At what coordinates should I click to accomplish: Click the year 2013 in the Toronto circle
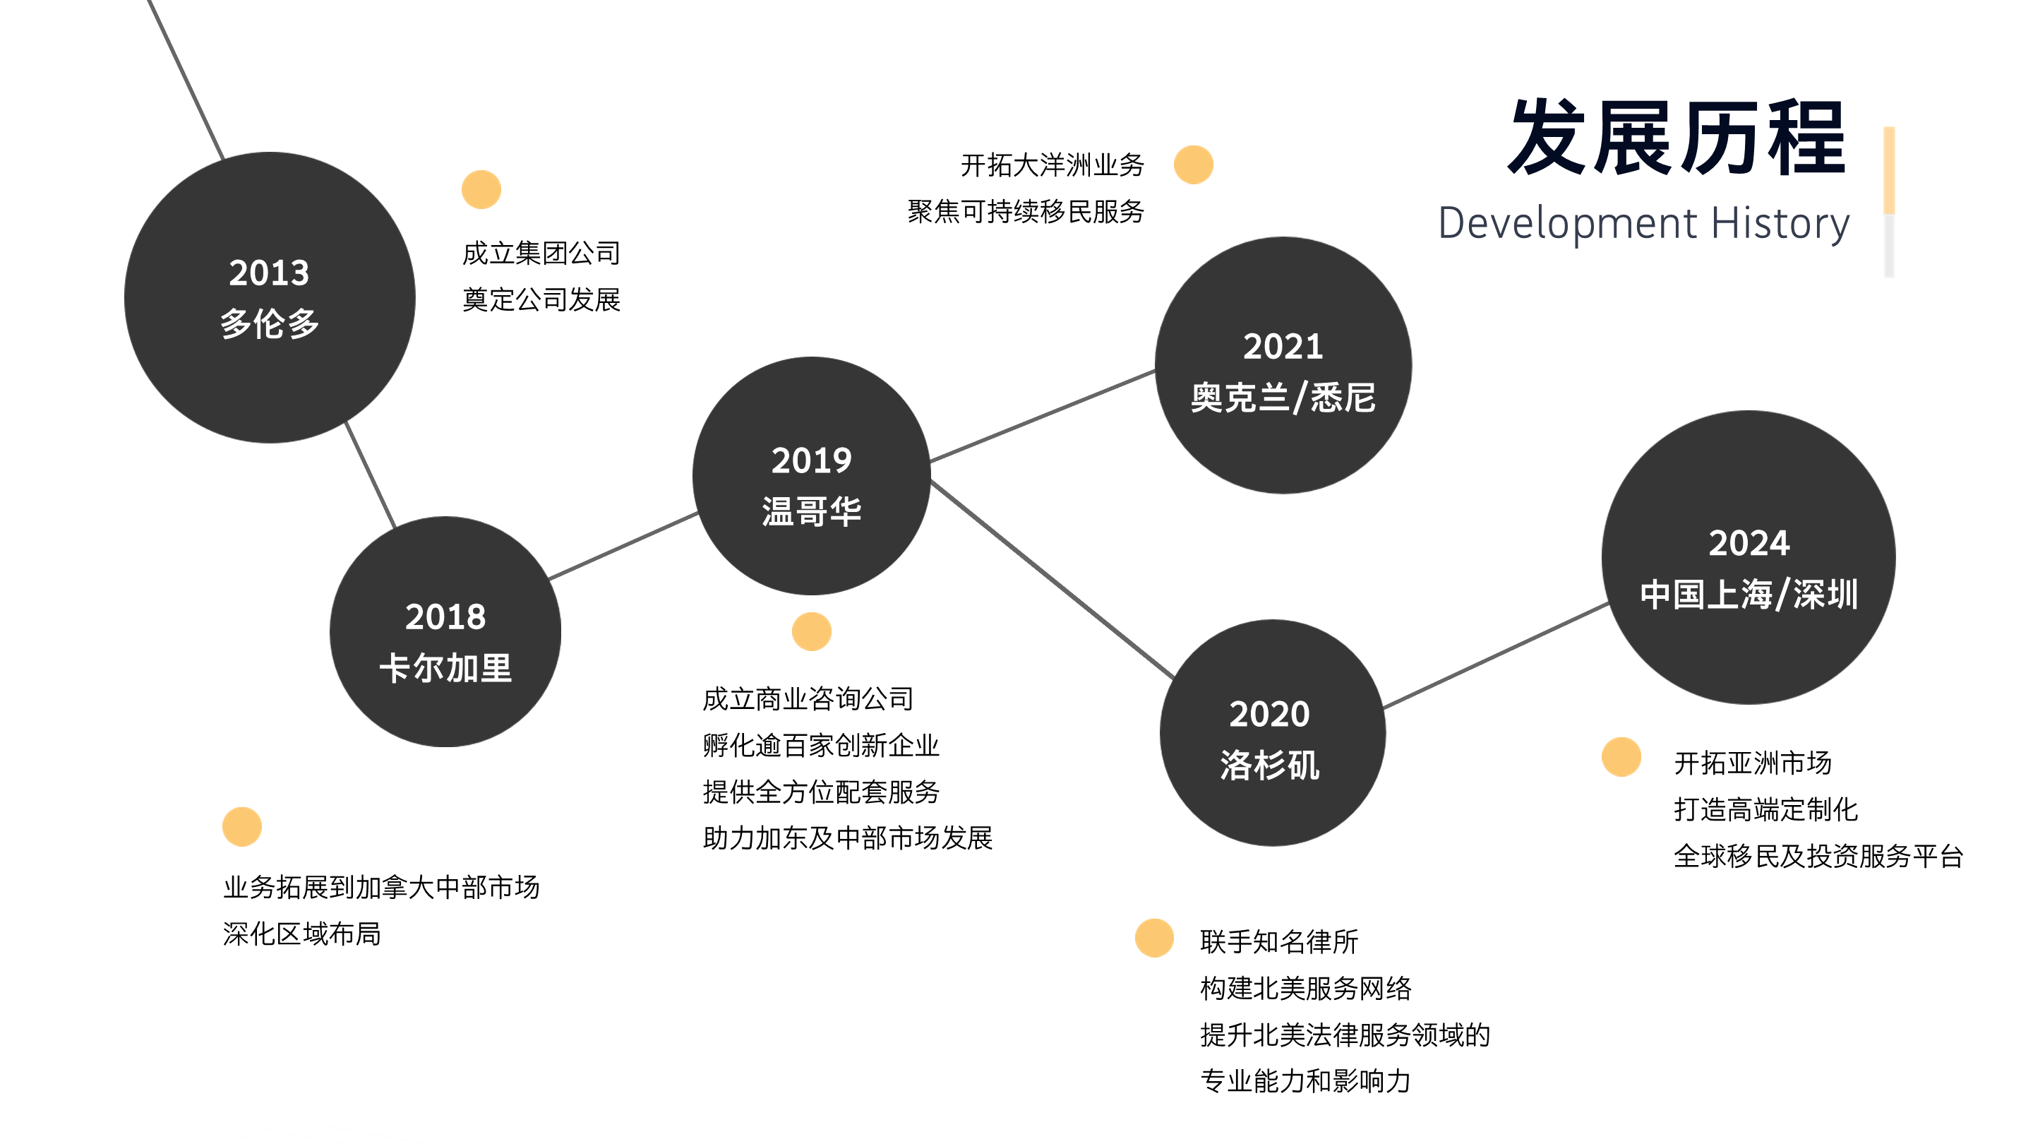click(268, 273)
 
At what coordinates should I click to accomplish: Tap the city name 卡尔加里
click(445, 669)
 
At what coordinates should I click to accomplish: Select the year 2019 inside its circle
click(811, 460)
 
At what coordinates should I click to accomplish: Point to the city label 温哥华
click(811, 511)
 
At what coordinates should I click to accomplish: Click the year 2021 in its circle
click(1283, 347)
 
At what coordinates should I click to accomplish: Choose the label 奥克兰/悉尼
click(1283, 398)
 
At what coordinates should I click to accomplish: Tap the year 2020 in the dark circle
click(1269, 715)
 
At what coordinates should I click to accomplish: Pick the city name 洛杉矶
click(1269, 765)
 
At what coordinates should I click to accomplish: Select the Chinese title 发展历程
click(1677, 138)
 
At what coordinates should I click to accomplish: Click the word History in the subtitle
click(1780, 223)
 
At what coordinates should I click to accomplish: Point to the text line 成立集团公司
click(541, 254)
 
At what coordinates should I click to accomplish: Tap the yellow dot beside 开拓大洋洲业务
click(1193, 165)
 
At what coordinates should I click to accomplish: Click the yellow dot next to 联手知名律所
click(1154, 938)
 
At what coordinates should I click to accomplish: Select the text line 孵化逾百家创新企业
click(821, 745)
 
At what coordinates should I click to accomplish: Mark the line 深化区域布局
click(301, 934)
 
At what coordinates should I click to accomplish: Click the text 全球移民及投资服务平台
click(1818, 856)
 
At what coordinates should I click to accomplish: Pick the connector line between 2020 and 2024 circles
click(1496, 655)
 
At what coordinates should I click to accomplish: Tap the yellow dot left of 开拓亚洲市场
click(1621, 757)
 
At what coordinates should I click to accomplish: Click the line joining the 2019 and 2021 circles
click(1042, 416)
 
